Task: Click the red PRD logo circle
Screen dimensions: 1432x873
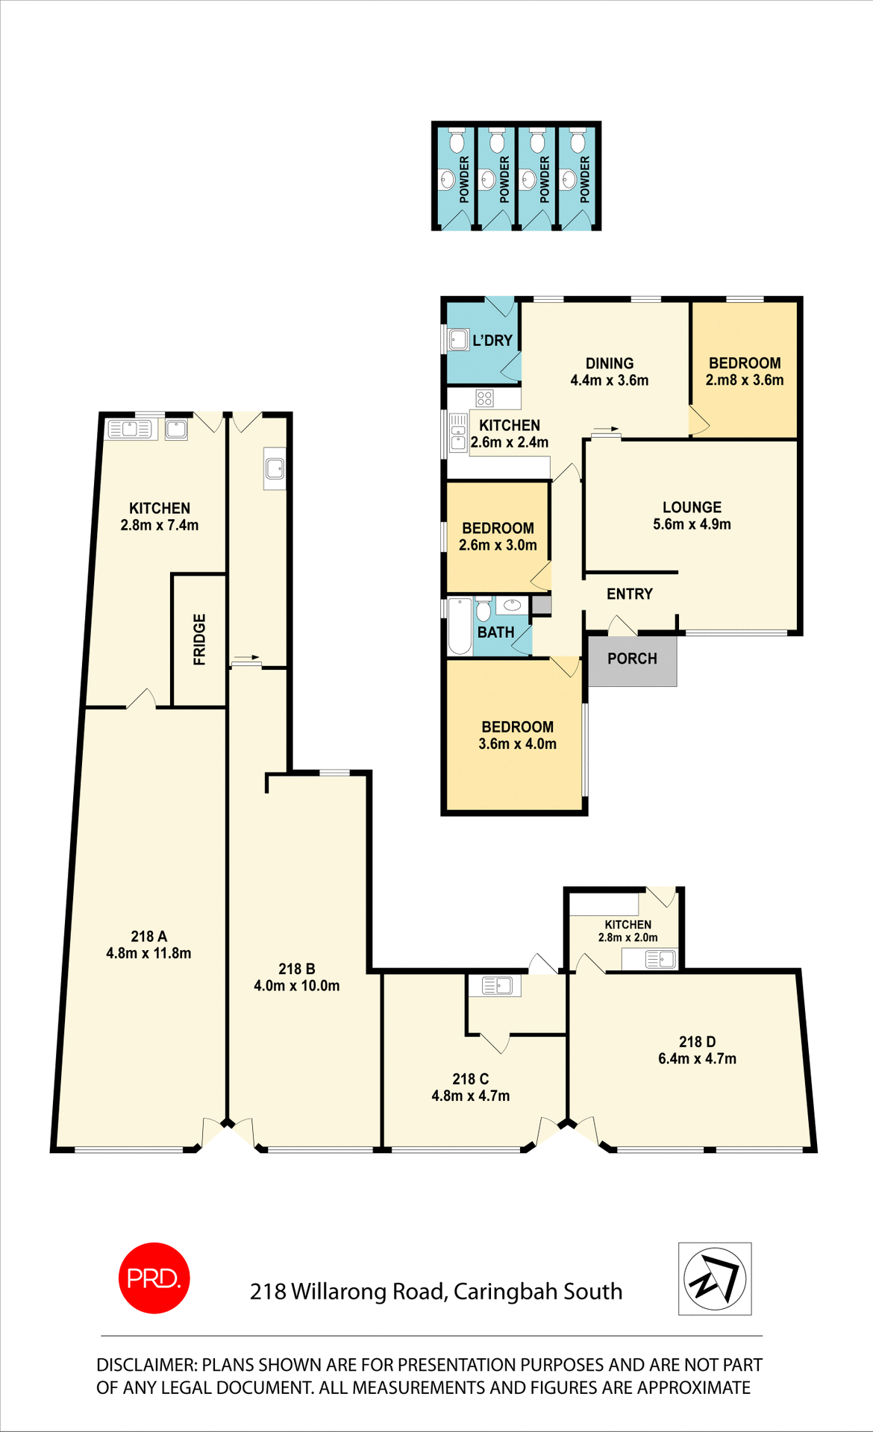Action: (x=154, y=1278)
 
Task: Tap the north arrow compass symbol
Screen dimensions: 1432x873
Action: (x=715, y=1278)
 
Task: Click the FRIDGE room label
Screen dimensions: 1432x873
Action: (x=199, y=639)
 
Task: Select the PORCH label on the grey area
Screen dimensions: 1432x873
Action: (x=632, y=659)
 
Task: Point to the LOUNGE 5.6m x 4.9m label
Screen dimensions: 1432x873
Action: (x=692, y=515)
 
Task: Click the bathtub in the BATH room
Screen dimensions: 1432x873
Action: (x=460, y=626)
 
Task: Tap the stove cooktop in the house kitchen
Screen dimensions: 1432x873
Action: (x=484, y=398)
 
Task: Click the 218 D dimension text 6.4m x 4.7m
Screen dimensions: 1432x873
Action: (x=697, y=1059)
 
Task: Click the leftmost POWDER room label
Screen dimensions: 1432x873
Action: (x=464, y=180)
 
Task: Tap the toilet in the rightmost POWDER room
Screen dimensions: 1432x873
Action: (x=578, y=140)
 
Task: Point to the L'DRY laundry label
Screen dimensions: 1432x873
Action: (x=492, y=341)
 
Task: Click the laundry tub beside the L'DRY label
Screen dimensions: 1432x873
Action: (x=459, y=341)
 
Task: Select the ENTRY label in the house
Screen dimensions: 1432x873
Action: (x=629, y=594)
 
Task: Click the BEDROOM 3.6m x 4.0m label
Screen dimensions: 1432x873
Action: (x=517, y=735)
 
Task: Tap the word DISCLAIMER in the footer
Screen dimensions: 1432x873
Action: (x=146, y=1365)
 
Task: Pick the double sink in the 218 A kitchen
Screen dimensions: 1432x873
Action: (x=130, y=429)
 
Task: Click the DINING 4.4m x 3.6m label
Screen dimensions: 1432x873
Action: (x=609, y=371)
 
